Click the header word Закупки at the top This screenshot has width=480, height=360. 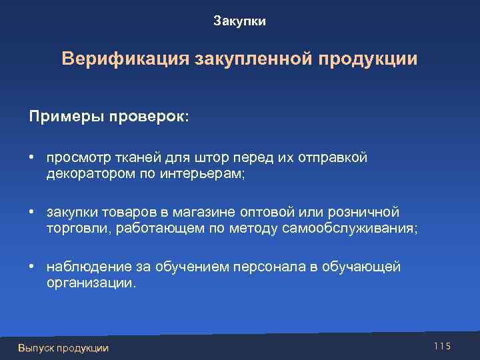[x=239, y=22]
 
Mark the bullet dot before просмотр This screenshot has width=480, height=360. [x=31, y=157]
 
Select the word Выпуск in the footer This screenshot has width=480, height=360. [x=36, y=347]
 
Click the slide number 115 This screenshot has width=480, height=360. [x=442, y=345]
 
